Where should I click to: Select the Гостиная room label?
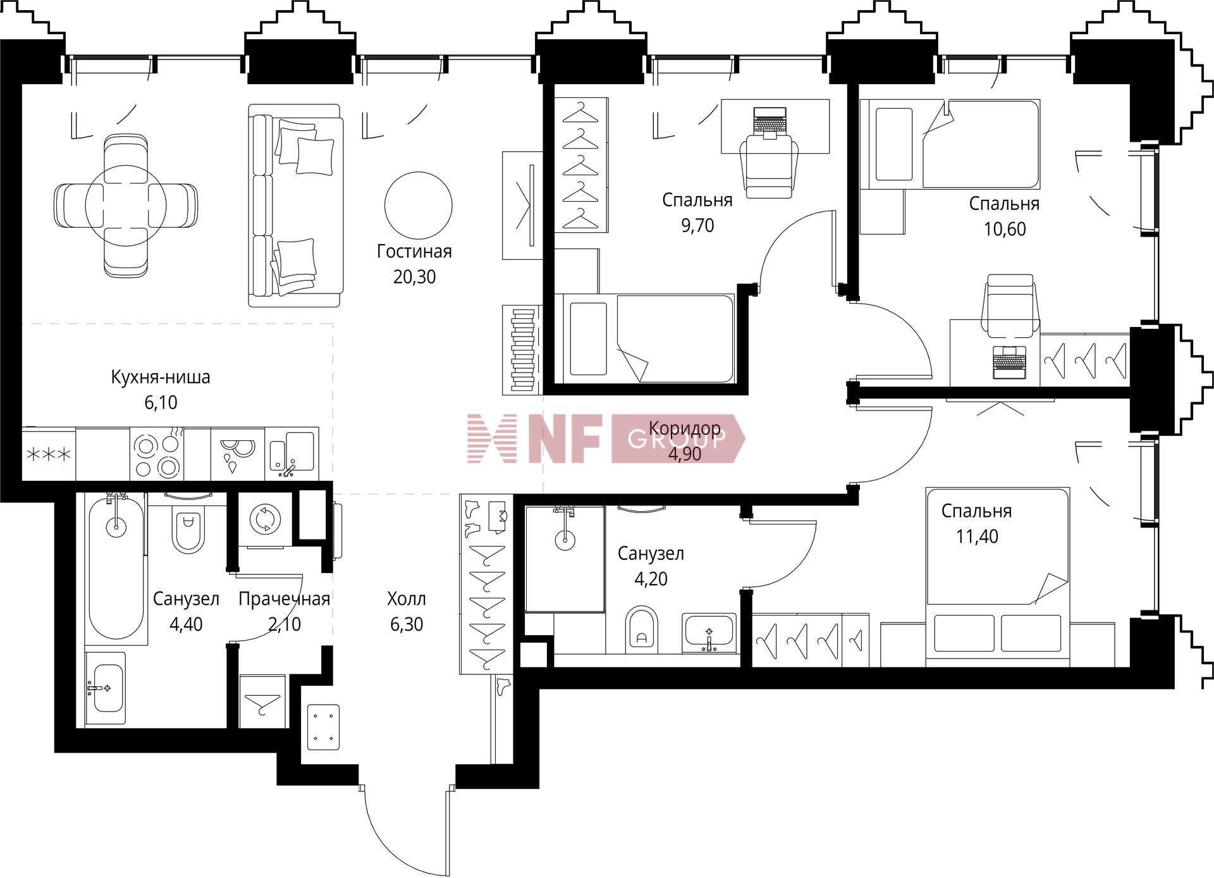tap(414, 252)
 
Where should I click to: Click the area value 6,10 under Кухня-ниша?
tap(161, 402)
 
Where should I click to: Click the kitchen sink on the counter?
tap(291, 453)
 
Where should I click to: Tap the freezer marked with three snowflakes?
tap(48, 454)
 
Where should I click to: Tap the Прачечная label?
tap(284, 599)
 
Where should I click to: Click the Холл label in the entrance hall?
tap(406, 598)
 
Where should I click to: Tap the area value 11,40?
tap(977, 536)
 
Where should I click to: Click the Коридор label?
tap(685, 428)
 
